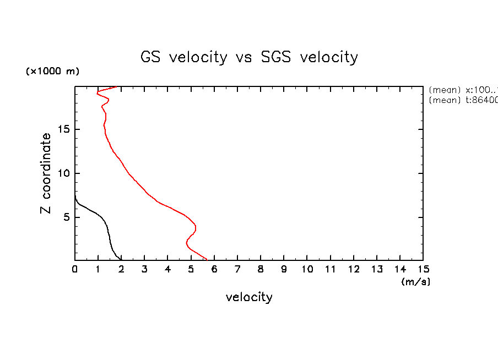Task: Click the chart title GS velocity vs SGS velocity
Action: [x=250, y=57]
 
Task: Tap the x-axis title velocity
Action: [x=249, y=297]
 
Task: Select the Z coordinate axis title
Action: [x=47, y=173]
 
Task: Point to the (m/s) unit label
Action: [x=415, y=282]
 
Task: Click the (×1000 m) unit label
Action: [x=52, y=72]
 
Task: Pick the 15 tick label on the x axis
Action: [x=423, y=269]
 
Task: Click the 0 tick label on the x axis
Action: [x=75, y=269]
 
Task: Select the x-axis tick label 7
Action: [x=237, y=269]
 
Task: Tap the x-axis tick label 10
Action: [x=307, y=269]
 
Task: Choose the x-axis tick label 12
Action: [x=353, y=269]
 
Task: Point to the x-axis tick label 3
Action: [x=145, y=269]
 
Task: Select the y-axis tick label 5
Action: [x=67, y=217]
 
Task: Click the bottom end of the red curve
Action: [x=207, y=259]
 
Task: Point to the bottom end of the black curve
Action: [x=121, y=259]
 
